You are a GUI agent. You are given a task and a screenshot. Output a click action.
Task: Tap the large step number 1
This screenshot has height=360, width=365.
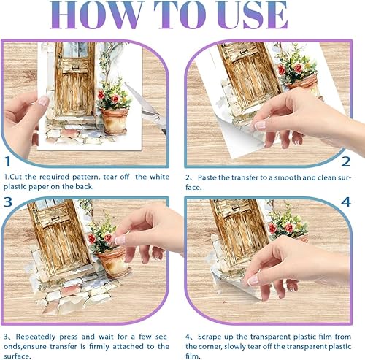[8, 161]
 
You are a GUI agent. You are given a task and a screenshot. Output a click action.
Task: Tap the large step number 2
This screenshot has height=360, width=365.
[345, 161]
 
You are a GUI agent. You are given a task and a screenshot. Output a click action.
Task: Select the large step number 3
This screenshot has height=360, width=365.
[8, 202]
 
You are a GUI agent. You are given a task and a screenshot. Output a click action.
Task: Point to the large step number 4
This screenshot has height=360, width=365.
[346, 202]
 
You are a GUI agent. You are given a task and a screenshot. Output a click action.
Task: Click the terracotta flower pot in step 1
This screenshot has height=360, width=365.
[115, 121]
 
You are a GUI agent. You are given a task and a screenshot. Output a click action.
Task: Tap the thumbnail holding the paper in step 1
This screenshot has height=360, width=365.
[44, 101]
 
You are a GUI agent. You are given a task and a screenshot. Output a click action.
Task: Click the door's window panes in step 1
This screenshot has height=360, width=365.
[75, 50]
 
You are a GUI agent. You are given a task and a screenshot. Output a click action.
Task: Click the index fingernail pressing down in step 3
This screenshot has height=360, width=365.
[120, 240]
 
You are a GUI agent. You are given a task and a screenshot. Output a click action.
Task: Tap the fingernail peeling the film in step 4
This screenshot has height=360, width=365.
[253, 280]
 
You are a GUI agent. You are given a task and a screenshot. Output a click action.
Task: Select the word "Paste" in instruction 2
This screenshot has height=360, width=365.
[207, 177]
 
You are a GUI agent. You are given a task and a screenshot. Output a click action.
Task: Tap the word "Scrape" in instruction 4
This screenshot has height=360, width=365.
[210, 337]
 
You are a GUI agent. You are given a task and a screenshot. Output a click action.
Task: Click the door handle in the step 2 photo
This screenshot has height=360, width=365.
[244, 52]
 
